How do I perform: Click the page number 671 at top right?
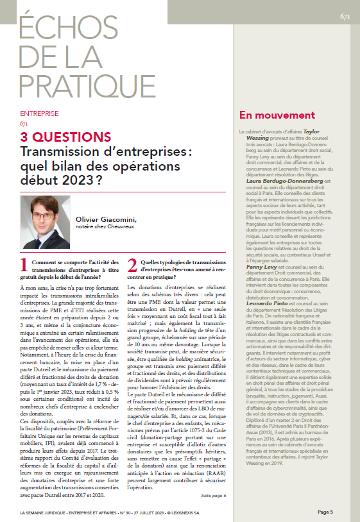point(344,17)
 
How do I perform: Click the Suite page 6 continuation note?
point(214,478)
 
